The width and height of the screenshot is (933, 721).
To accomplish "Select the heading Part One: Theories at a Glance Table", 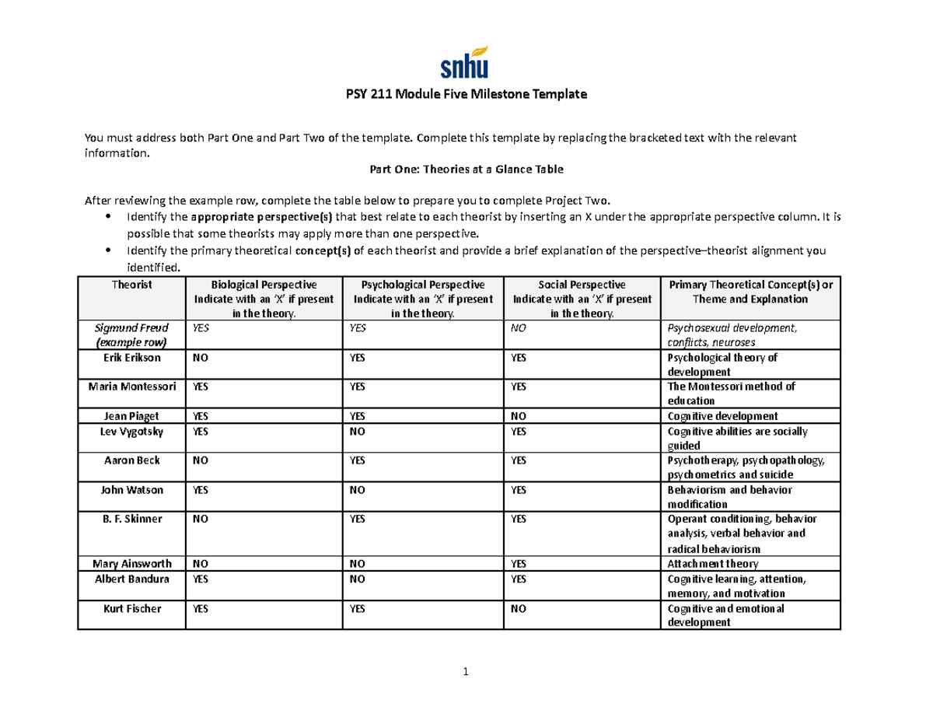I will [466, 168].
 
